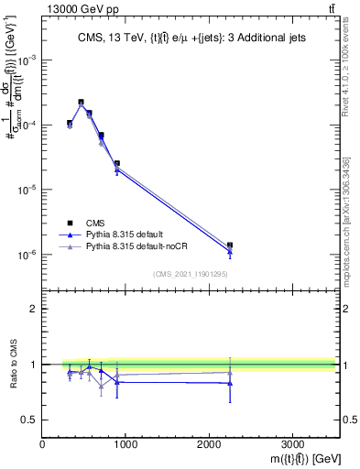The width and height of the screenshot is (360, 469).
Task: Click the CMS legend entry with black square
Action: (93, 223)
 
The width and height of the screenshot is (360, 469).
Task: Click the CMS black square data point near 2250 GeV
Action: (230, 245)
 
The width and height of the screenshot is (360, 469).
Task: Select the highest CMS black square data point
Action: (81, 103)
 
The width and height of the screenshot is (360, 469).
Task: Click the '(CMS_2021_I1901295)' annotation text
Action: (190, 274)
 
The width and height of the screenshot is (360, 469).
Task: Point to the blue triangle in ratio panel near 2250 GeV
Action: (230, 383)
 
